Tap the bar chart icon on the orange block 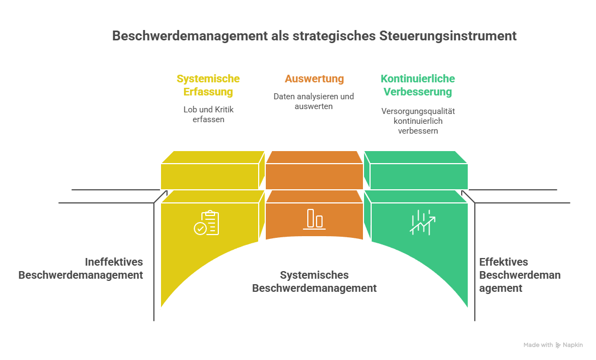(314, 219)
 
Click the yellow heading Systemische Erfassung (208, 85)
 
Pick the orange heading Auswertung (314, 79)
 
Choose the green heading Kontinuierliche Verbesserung (418, 85)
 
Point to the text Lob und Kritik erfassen (208, 114)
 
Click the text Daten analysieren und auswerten (314, 101)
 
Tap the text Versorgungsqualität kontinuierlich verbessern (418, 121)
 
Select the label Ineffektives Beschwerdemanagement (81, 268)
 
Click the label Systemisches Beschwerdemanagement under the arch (314, 281)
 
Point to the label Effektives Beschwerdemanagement (520, 275)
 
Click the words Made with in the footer (538, 345)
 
